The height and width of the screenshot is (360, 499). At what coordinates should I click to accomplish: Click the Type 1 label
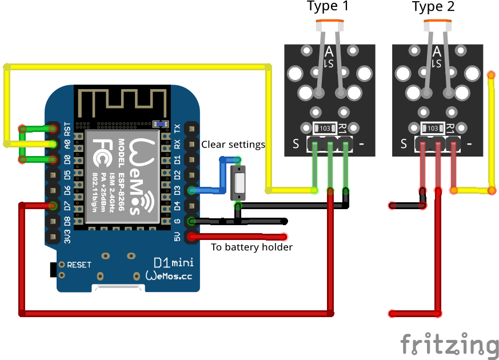[328, 7]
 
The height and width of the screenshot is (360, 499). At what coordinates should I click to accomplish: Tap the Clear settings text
[233, 145]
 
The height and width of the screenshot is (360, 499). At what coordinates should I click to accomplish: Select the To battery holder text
[252, 247]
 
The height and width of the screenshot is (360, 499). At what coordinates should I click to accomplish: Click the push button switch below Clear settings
[239, 183]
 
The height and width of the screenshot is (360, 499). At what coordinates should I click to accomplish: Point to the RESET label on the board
[79, 265]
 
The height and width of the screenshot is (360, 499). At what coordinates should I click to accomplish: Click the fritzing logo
[449, 345]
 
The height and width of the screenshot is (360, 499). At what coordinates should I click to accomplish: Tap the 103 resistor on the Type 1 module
[325, 129]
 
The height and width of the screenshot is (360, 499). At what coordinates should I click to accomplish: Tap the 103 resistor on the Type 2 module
[433, 129]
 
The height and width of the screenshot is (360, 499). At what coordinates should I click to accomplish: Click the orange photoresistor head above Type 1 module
[330, 25]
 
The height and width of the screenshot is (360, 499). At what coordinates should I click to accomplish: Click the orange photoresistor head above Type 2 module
[438, 25]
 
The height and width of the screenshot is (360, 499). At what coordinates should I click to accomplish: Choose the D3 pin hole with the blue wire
[192, 190]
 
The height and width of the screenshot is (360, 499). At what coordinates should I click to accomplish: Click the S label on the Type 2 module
[404, 144]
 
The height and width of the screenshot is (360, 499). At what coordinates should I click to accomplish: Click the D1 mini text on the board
[174, 263]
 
